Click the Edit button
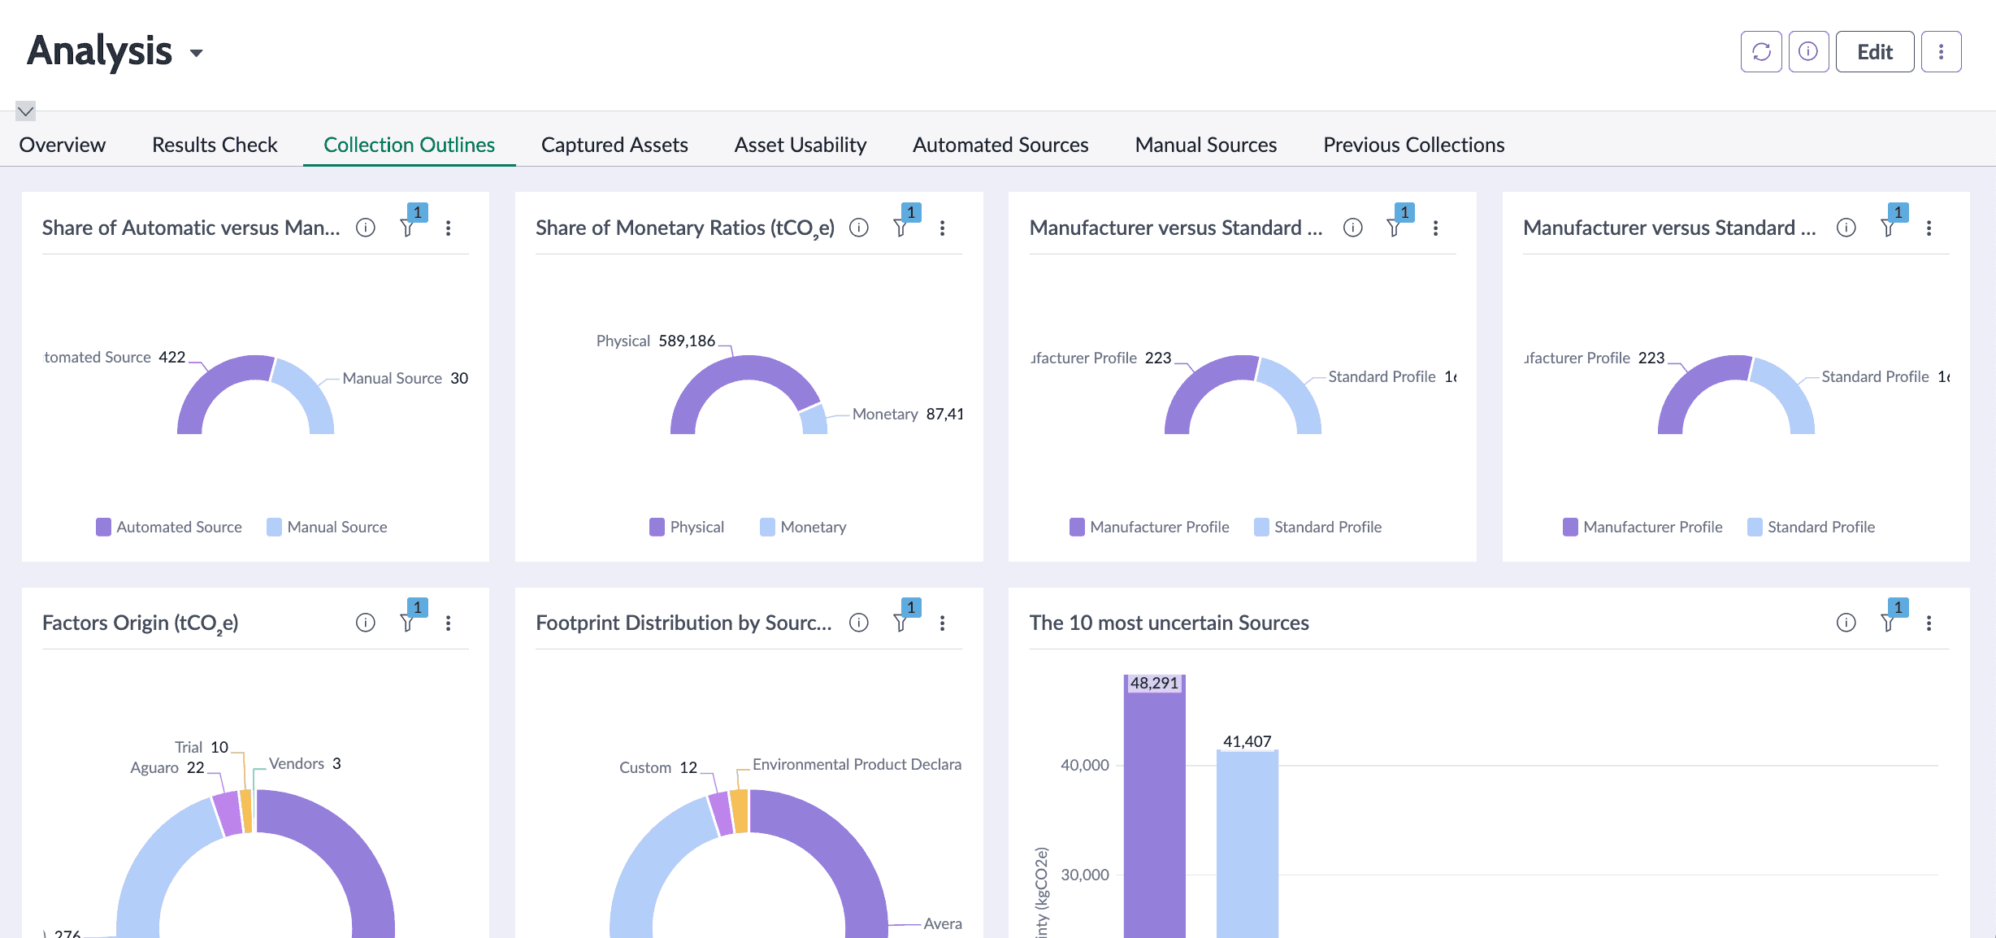click(x=1874, y=52)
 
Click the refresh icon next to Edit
click(x=1761, y=52)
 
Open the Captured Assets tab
click(x=614, y=145)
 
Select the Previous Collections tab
click(x=1413, y=145)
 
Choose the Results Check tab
click(x=215, y=145)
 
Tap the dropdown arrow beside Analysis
click(x=196, y=54)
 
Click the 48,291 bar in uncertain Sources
click(x=1154, y=813)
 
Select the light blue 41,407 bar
click(x=1247, y=845)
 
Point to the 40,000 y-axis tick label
click(x=1084, y=765)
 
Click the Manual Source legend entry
click(x=328, y=527)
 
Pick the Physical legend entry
click(x=687, y=527)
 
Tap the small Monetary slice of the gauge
click(x=814, y=419)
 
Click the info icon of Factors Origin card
click(x=366, y=623)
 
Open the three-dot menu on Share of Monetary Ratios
click(x=942, y=228)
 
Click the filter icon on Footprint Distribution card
click(x=900, y=623)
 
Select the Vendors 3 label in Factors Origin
click(x=305, y=763)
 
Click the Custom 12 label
click(x=657, y=767)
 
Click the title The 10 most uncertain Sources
click(x=1169, y=623)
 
